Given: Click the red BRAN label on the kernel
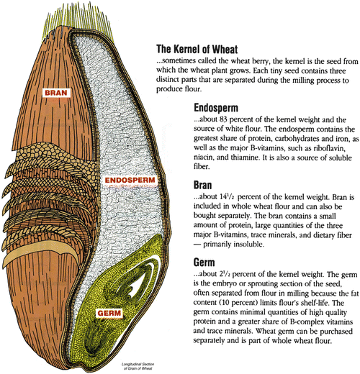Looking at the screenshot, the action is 56,93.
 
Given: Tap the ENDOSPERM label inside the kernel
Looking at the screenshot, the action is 130,181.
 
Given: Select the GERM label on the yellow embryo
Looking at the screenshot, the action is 109,313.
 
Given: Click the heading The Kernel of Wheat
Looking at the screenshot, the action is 197,49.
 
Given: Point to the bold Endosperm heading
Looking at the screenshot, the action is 216,108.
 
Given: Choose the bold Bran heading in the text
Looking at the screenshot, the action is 203,185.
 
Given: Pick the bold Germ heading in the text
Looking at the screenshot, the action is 204,263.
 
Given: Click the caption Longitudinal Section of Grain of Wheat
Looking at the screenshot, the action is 138,366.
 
